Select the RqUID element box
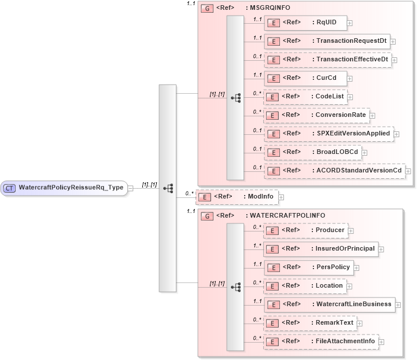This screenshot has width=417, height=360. [305, 23]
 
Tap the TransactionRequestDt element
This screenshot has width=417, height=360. [327, 41]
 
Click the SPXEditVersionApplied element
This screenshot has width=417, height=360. [328, 133]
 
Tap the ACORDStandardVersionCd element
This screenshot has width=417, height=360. [334, 170]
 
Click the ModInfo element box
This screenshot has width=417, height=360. [237, 197]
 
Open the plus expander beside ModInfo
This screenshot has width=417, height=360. [282, 197]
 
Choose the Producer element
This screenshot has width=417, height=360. [305, 230]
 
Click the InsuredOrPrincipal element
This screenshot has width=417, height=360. [320, 249]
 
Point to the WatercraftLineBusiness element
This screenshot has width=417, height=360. [329, 304]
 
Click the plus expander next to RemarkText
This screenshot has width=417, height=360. [359, 323]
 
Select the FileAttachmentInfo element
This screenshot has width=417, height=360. [321, 341]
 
